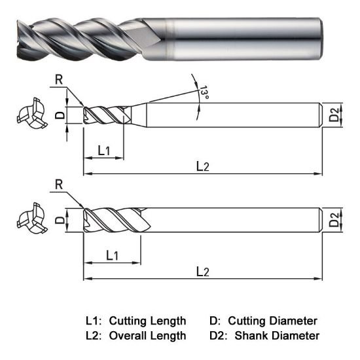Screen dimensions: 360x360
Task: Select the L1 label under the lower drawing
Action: pos(111,254)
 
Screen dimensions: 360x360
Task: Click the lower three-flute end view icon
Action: pos(30,221)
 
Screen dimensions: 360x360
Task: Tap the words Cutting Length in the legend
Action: pos(147,321)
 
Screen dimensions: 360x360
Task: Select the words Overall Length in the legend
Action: pos(147,336)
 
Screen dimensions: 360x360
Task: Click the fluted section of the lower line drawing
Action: pos(115,220)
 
